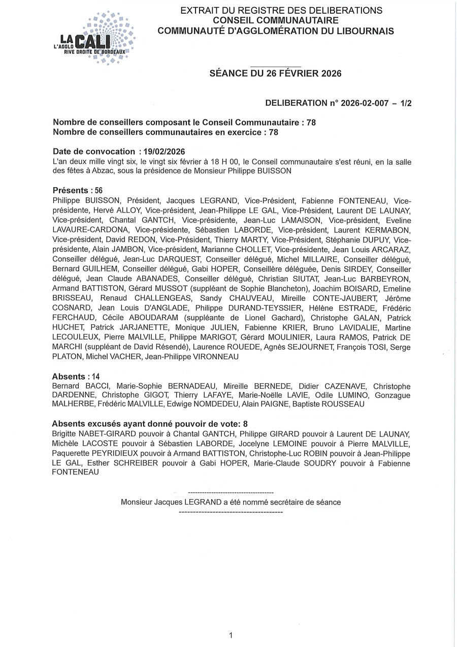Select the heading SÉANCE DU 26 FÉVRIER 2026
(275, 73)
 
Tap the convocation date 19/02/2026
(164, 151)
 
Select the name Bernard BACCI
(77, 386)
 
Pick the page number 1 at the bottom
(231, 635)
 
